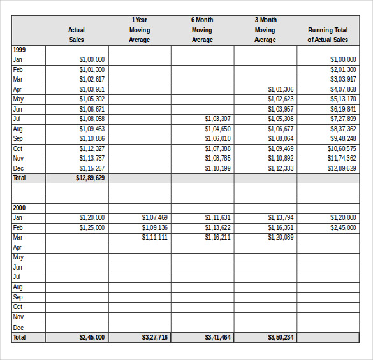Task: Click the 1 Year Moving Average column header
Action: [x=140, y=30]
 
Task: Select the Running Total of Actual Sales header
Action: [x=328, y=34]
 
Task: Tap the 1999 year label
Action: [x=19, y=50]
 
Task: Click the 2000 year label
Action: [x=19, y=208]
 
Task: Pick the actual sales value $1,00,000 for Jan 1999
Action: [x=92, y=59]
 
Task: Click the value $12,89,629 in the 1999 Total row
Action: [x=91, y=178]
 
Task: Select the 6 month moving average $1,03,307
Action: [x=217, y=119]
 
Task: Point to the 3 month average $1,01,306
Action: [x=281, y=89]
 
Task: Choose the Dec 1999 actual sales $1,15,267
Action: [x=92, y=168]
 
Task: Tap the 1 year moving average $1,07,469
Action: [x=154, y=218]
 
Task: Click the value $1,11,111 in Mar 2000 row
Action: [x=154, y=238]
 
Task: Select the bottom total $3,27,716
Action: [x=154, y=337]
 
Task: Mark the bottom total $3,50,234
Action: [x=281, y=337]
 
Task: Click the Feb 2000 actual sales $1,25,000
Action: [x=92, y=227]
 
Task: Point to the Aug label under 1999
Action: [x=18, y=129]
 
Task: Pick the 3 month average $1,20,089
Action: [x=281, y=238]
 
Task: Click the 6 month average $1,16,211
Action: [x=217, y=238]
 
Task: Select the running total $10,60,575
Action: [x=342, y=148]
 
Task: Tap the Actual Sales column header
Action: [x=77, y=34]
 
